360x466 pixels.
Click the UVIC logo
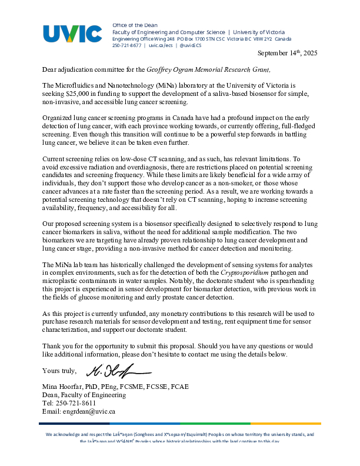(x=72, y=34)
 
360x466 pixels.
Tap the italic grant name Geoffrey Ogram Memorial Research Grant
(x=208, y=69)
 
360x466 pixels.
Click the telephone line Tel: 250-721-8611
(x=69, y=403)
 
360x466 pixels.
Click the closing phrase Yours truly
(x=59, y=371)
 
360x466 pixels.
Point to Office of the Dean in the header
(x=131, y=25)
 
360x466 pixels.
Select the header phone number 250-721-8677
(x=127, y=45)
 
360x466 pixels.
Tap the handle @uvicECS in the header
(x=191, y=45)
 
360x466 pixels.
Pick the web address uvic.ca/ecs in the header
(x=160, y=45)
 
